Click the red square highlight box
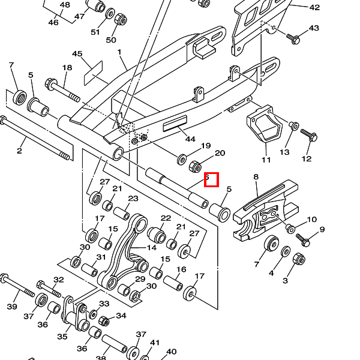[211, 179]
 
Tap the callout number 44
[190, 139]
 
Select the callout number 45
[77, 55]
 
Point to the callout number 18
[67, 68]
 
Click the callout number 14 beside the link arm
[152, 247]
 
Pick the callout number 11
[266, 160]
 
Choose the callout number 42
[314, 8]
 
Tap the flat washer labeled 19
[182, 159]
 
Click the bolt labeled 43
[293, 39]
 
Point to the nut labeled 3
[298, 259]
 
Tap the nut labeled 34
[103, 321]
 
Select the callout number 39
[12, 307]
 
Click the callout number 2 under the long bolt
[19, 151]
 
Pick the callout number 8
[256, 177]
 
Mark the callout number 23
[133, 199]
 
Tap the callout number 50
[111, 40]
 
